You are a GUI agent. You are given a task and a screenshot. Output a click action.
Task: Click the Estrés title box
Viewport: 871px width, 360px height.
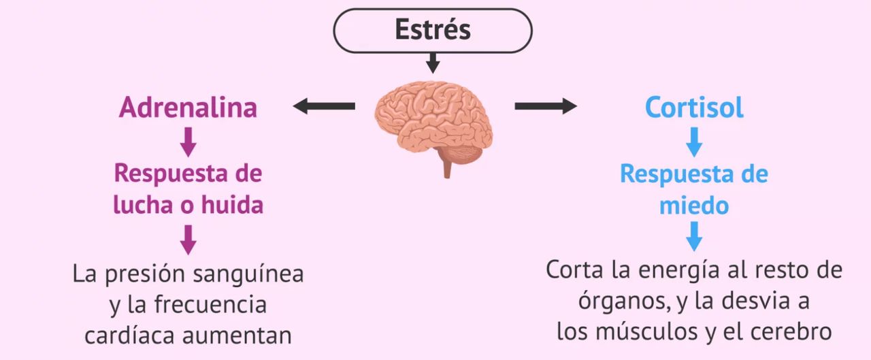433,31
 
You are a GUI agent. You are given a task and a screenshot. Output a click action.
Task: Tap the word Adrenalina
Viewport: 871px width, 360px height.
188,108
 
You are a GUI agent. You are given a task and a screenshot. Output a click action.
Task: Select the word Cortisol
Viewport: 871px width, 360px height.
694,108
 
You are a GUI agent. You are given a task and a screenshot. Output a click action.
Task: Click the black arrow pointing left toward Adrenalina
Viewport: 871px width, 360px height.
324,105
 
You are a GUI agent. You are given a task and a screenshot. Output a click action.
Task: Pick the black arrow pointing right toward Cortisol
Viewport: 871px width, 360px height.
545,105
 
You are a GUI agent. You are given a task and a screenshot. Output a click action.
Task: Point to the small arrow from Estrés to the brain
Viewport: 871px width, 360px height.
433,64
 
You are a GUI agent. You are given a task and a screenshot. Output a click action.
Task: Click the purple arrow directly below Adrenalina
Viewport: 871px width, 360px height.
188,142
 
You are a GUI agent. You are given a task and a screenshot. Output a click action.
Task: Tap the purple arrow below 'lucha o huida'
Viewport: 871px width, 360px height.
188,240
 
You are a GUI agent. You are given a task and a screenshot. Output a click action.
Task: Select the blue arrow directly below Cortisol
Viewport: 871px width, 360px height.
694,142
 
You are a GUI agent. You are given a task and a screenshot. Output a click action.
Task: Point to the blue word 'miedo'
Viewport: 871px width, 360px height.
694,205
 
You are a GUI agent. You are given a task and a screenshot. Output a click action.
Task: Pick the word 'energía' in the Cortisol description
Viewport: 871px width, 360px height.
671,269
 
